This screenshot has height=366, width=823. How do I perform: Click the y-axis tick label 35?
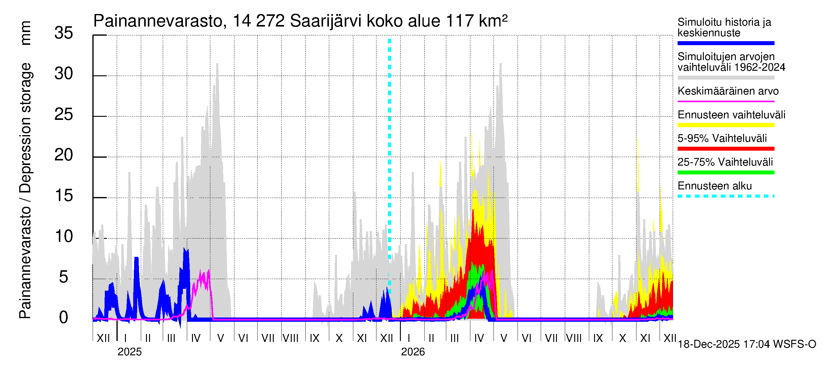64,33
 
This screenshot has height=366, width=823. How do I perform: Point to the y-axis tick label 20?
64,155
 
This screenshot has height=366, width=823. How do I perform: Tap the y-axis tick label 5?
64,277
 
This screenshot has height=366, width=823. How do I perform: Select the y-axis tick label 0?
64,318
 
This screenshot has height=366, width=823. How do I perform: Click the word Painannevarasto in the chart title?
158,21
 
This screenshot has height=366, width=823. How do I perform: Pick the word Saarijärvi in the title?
326,21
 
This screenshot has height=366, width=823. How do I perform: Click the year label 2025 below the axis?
129,352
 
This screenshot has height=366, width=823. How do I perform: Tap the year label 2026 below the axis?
413,352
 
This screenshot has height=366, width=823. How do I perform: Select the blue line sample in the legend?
725,43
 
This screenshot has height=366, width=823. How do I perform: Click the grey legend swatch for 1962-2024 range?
725,78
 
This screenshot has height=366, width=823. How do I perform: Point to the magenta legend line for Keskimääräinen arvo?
725,101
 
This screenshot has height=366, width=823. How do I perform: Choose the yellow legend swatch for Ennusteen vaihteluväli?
725,125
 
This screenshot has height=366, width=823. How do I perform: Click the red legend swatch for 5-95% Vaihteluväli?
725,149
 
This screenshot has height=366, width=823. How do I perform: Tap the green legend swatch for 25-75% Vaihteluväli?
725,173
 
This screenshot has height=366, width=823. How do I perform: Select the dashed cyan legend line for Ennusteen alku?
725,196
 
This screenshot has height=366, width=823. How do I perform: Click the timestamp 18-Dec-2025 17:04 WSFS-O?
746,344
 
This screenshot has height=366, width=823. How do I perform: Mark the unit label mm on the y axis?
26,33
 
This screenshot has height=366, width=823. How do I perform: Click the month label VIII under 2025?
291,338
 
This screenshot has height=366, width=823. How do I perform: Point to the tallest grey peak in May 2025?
217,64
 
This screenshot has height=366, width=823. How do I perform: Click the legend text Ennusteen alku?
714,186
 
